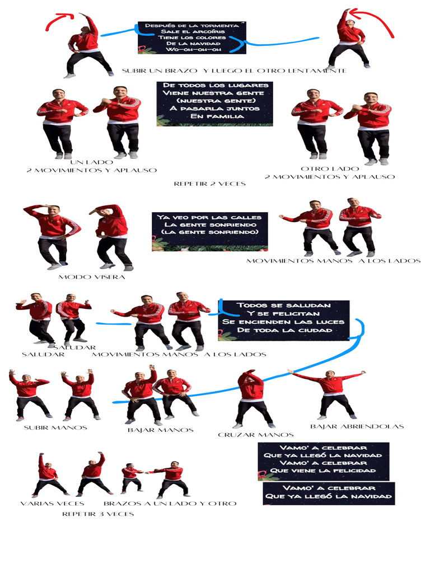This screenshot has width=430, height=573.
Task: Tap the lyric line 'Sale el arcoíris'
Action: point(192,31)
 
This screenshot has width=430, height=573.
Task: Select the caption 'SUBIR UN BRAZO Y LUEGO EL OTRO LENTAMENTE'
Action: point(233,71)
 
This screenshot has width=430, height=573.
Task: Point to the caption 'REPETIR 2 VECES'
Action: point(209,184)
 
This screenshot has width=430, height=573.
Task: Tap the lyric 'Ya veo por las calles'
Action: point(209,217)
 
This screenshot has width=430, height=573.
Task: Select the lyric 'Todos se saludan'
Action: point(283,305)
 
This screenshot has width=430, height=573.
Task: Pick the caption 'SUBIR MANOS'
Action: point(55,428)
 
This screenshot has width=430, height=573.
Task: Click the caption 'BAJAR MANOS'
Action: point(160,430)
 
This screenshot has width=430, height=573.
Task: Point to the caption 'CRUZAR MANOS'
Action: point(255,435)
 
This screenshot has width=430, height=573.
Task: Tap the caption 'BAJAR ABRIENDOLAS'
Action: point(357,426)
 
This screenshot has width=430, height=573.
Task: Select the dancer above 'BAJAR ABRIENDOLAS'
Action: point(330,393)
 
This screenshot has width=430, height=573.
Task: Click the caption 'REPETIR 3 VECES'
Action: point(98,514)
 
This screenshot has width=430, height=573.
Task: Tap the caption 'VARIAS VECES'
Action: point(52,503)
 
